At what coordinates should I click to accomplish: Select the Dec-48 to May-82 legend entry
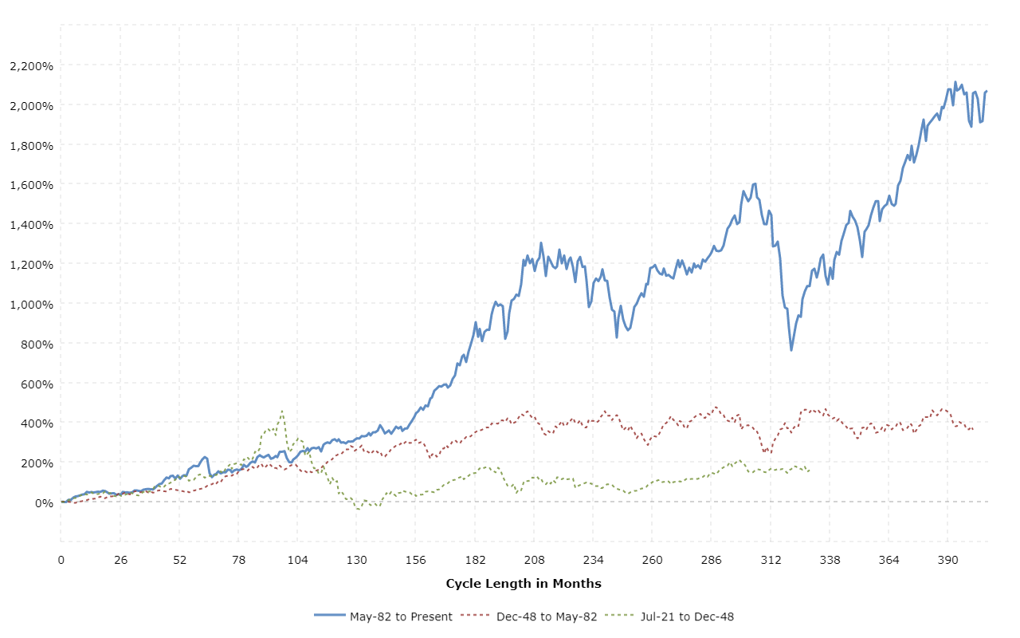[x=548, y=616]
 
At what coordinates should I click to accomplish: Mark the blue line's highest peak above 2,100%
[x=955, y=81]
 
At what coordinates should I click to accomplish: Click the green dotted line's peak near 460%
[x=281, y=411]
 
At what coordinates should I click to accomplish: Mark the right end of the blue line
[x=987, y=91]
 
